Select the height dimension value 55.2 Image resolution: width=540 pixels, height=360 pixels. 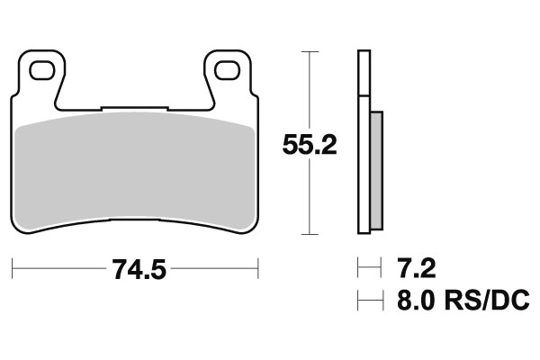[310, 145]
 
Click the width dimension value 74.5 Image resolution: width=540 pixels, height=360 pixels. [134, 268]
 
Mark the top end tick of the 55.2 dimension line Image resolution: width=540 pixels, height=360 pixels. [310, 52]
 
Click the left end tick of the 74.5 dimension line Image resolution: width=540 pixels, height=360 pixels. [12, 268]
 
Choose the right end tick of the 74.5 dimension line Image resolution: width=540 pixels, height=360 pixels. [258, 268]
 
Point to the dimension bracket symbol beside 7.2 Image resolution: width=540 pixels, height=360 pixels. [365, 268]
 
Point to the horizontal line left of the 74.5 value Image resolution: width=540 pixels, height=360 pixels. [58, 268]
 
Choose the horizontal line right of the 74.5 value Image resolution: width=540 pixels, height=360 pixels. [213, 268]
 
